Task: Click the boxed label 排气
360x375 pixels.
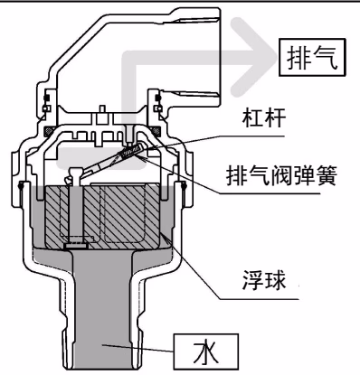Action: pos(312,57)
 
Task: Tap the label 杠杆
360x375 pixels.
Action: pos(264,118)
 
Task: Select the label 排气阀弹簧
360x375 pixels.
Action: pos(281,175)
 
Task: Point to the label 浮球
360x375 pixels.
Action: pos(264,280)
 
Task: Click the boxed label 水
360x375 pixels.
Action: pos(206,352)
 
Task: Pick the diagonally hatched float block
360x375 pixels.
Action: pos(102,216)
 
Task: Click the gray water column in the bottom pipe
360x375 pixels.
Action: pos(102,310)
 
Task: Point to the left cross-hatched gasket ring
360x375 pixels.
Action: pos(48,131)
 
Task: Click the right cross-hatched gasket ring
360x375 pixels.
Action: pos(156,131)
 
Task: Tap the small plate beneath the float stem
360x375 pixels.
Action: pos(76,246)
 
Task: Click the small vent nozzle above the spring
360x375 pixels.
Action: pos(129,135)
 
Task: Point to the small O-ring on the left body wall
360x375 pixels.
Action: pos(21,186)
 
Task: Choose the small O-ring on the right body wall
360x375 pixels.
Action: pos(184,186)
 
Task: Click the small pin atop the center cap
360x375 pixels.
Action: pos(102,108)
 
